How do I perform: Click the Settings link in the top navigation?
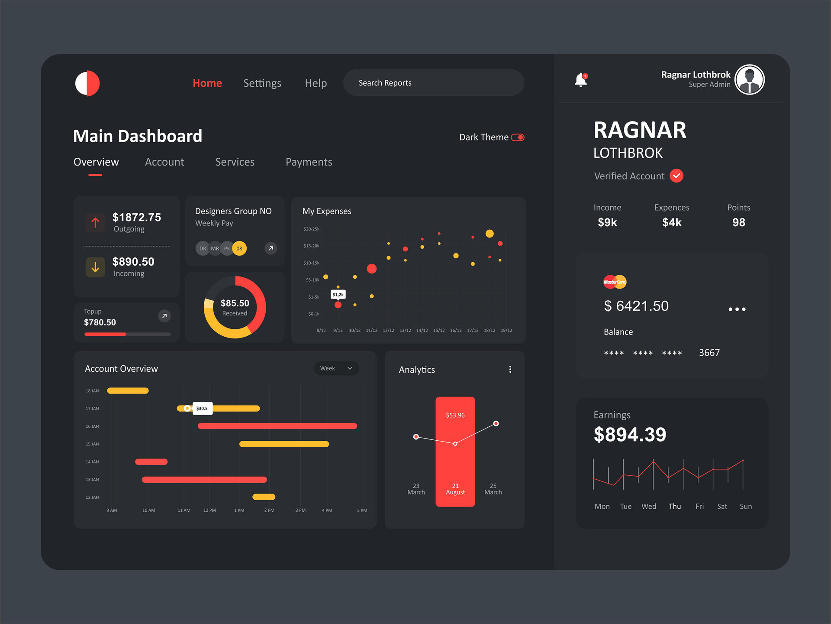point(262,83)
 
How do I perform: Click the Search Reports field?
point(433,83)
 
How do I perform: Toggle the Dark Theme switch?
point(518,137)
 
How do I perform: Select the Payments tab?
point(309,162)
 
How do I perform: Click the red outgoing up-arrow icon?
point(95,223)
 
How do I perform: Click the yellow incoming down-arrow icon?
point(95,267)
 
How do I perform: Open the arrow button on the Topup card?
point(164,316)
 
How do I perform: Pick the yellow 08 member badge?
point(239,248)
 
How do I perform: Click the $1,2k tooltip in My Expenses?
point(338,295)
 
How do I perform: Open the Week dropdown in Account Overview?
point(336,368)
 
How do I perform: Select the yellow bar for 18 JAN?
point(128,391)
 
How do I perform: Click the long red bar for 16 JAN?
point(277,426)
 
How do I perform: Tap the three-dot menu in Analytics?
point(510,369)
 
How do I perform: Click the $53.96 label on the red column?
point(455,415)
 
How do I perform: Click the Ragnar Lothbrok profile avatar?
point(750,80)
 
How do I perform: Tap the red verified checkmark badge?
point(676,176)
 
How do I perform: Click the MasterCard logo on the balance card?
point(615,282)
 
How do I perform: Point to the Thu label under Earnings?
point(675,506)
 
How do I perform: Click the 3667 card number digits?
point(709,353)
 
